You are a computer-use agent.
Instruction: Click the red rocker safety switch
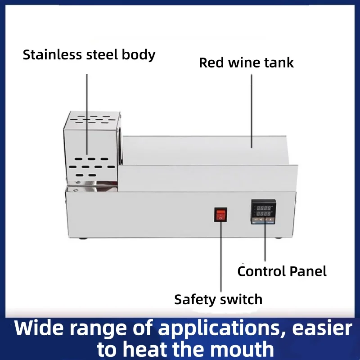point(220,215)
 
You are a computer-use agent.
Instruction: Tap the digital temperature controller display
point(263,211)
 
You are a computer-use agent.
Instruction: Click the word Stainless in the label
point(52,54)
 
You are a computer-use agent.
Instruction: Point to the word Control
point(262,271)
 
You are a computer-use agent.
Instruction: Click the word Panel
point(308,271)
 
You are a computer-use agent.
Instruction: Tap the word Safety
point(195,299)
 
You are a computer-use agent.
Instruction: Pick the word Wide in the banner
point(39,328)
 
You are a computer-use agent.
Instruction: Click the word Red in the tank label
point(211,63)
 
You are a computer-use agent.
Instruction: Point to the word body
point(139,55)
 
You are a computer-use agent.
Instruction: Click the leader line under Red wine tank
point(252,111)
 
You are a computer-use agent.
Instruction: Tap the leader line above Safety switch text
point(221,256)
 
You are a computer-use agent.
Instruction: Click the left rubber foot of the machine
point(83,238)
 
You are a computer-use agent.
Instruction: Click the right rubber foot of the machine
point(278,238)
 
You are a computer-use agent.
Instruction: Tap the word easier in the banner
point(322,328)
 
